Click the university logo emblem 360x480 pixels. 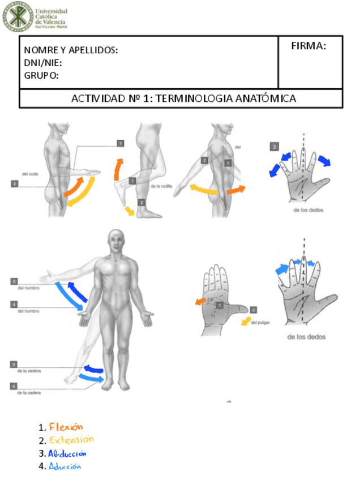17,18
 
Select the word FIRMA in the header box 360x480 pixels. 308,46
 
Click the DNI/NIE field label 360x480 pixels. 43,62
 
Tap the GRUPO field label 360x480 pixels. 41,75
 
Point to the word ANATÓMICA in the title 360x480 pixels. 265,98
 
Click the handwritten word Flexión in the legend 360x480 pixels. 66,427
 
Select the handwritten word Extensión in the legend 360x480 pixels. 71,440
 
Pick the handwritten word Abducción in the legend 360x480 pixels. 67,453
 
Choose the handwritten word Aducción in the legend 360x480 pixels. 65,466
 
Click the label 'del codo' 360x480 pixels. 30,174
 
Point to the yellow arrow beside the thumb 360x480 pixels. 246,322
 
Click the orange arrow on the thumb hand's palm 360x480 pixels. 200,301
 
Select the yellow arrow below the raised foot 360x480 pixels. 130,211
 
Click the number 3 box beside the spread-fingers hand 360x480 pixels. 275,147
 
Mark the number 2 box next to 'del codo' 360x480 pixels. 14,183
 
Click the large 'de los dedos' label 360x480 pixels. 306,337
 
